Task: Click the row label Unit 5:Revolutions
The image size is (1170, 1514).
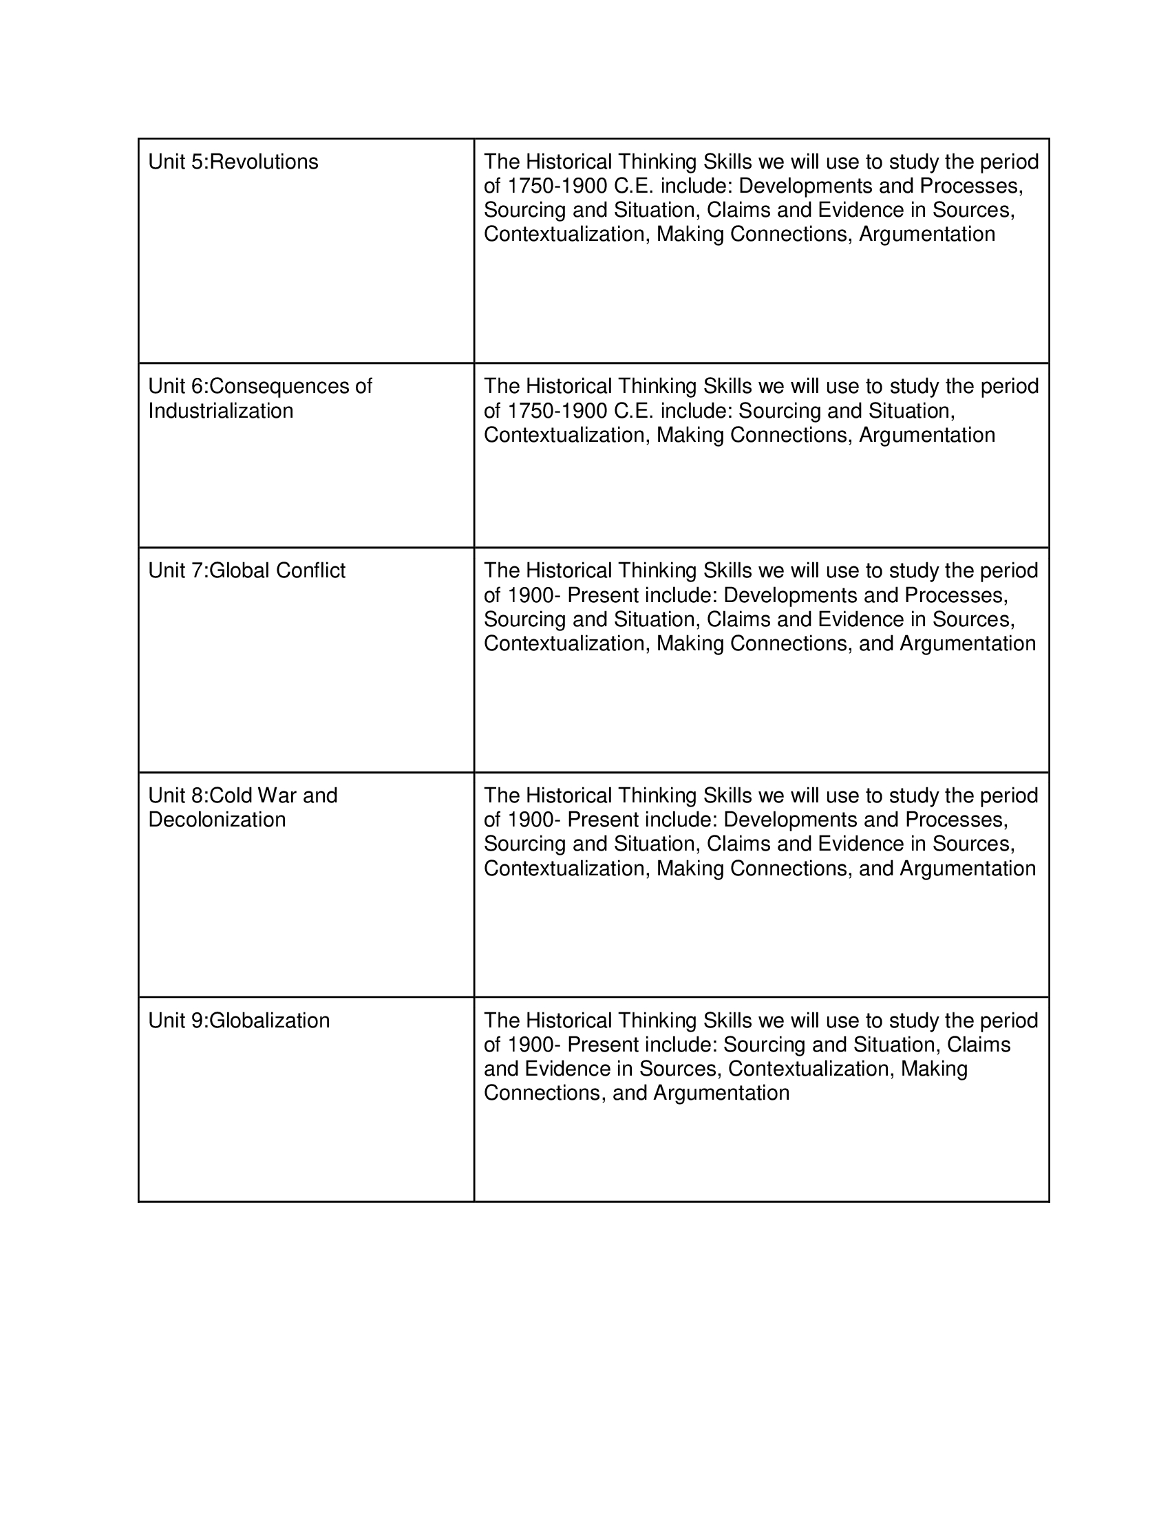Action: point(233,162)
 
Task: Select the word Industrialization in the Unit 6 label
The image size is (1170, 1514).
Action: point(220,410)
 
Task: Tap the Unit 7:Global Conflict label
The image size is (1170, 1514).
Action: point(247,571)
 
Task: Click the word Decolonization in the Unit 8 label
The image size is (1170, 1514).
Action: point(217,820)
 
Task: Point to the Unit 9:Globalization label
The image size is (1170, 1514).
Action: point(239,1021)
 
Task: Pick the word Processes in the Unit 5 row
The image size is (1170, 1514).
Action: point(974,186)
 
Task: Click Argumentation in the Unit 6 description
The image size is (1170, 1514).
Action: point(927,435)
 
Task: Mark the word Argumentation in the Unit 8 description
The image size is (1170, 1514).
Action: point(968,868)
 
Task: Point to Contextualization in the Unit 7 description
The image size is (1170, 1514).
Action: point(566,643)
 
